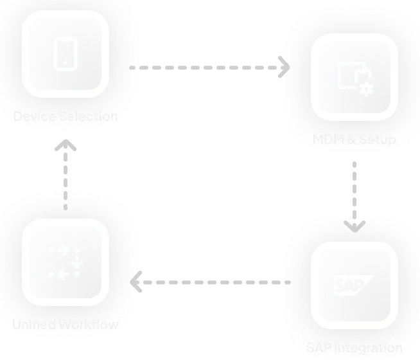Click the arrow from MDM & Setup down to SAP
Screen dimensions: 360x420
354,193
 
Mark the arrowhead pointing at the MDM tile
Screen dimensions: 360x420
283,66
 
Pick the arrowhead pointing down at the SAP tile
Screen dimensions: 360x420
354,226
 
